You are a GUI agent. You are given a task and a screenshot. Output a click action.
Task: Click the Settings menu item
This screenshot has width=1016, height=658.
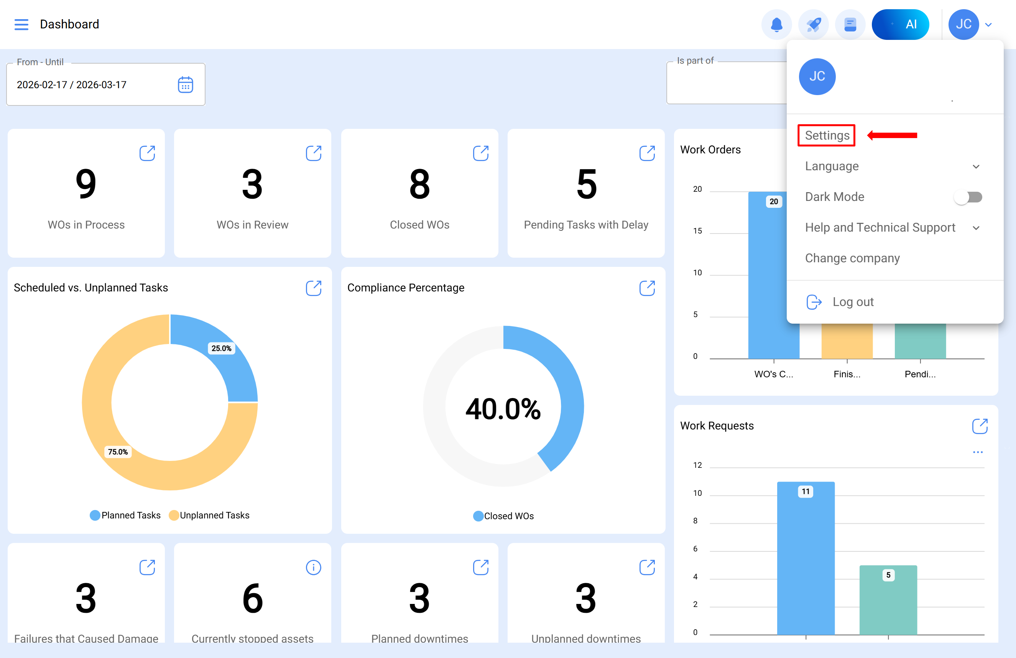coord(827,135)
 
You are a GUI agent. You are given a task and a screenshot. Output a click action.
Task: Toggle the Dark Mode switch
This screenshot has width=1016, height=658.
coord(968,197)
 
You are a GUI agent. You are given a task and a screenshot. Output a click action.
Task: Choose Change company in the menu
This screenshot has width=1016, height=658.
coord(852,258)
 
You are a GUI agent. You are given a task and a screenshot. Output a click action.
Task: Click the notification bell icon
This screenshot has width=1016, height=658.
coord(776,24)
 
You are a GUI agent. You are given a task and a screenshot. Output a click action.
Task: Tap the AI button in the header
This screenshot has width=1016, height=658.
coord(900,24)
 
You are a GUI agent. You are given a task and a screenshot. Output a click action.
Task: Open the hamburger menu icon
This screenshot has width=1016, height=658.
coord(21,24)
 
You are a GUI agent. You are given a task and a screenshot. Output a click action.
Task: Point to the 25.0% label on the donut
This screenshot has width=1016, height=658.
coord(221,349)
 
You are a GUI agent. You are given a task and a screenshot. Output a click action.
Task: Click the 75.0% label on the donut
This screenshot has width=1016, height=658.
coord(118,452)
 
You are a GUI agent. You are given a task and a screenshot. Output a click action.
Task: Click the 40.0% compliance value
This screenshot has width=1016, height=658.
coord(503,409)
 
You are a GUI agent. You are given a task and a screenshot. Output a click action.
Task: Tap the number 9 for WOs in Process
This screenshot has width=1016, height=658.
coord(86,184)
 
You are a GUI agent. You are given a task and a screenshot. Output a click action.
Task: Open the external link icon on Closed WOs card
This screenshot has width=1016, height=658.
coord(481,153)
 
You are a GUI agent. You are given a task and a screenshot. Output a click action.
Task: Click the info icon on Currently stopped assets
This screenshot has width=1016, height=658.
coord(313,568)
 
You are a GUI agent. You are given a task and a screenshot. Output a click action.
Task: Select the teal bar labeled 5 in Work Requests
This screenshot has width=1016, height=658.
coord(888,600)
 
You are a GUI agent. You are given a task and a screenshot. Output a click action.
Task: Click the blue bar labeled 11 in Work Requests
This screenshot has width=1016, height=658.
coord(806,558)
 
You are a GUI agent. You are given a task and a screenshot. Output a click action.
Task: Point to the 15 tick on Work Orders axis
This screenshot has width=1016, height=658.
coord(697,231)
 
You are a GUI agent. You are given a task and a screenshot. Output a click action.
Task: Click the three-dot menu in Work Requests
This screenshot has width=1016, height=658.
coord(978,452)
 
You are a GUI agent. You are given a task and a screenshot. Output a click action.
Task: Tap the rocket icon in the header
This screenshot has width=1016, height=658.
coord(813,24)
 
